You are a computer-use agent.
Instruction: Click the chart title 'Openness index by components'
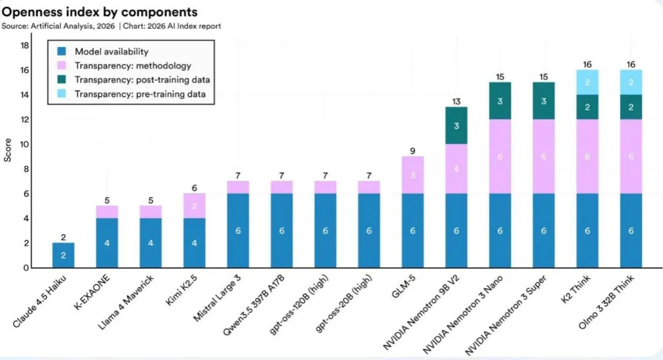click(99, 12)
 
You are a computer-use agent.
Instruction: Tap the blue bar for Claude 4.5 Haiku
click(63, 255)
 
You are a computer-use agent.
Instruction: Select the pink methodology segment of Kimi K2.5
click(195, 206)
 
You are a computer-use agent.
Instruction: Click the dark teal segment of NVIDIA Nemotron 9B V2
click(457, 125)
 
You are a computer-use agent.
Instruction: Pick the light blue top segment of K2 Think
click(587, 82)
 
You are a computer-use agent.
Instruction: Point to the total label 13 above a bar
click(457, 101)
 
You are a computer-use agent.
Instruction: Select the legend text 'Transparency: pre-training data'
click(140, 94)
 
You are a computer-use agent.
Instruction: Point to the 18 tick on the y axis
click(25, 45)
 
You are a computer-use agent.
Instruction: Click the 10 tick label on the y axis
click(25, 144)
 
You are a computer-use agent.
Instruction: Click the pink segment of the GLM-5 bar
click(413, 175)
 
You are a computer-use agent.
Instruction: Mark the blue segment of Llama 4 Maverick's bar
click(151, 243)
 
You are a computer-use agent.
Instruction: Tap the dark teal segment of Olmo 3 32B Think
click(630, 107)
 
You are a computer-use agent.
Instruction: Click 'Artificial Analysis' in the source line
click(56, 26)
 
